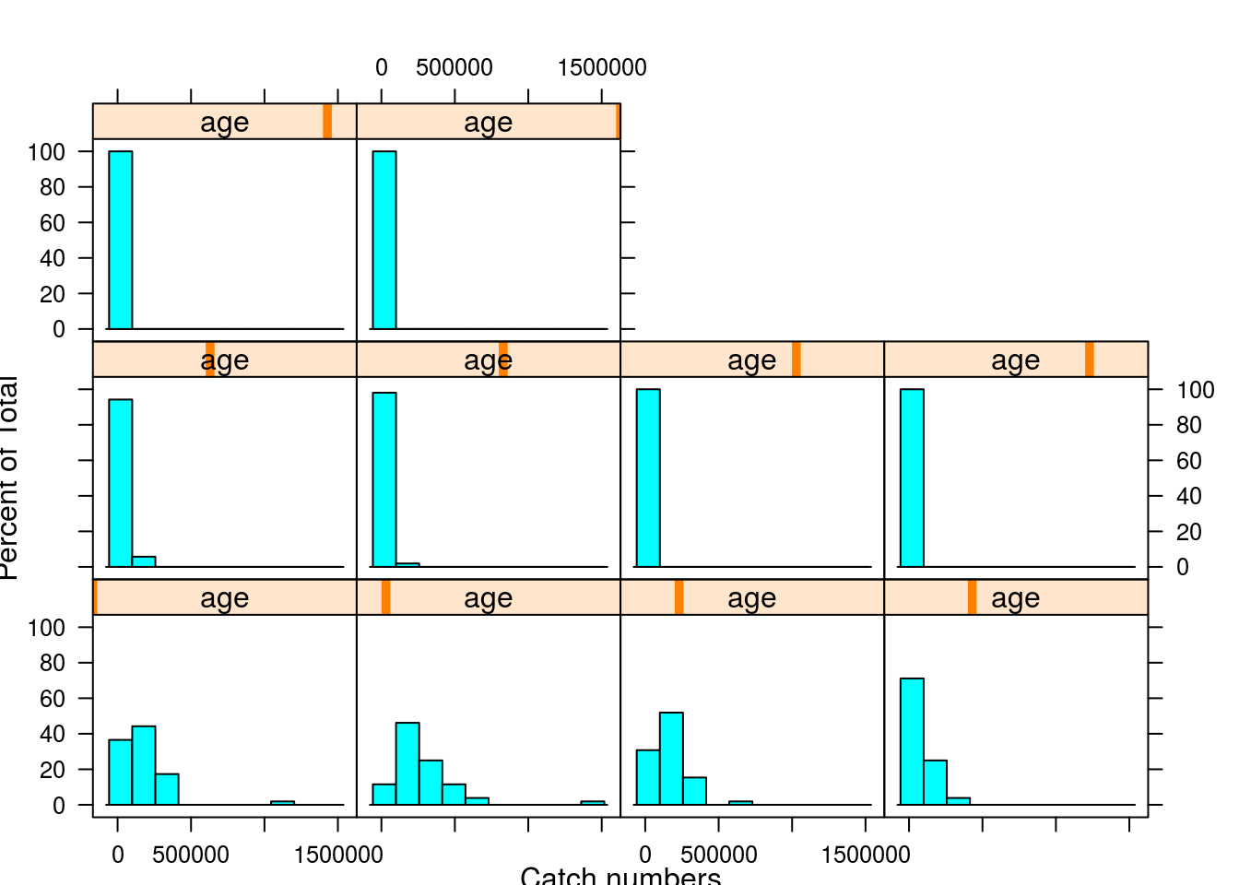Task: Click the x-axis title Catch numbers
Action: pos(620,874)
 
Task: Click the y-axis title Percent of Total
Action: pos(9,478)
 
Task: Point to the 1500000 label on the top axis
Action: pos(601,67)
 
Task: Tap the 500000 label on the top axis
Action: pos(454,67)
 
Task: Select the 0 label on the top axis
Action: pos(381,67)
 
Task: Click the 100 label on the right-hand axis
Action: pos(1195,390)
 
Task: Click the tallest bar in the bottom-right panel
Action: pos(912,741)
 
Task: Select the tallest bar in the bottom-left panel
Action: pos(144,765)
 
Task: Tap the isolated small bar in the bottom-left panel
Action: pos(282,802)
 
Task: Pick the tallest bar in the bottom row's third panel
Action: pos(671,758)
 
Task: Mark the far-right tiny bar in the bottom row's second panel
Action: pos(593,802)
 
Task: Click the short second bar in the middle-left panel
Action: pos(144,561)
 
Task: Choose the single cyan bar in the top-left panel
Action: pos(121,240)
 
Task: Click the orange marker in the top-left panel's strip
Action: pos(327,122)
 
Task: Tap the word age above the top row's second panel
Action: pos(488,122)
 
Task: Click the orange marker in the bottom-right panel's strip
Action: pos(972,597)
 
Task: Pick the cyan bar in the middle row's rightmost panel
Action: pos(912,478)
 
